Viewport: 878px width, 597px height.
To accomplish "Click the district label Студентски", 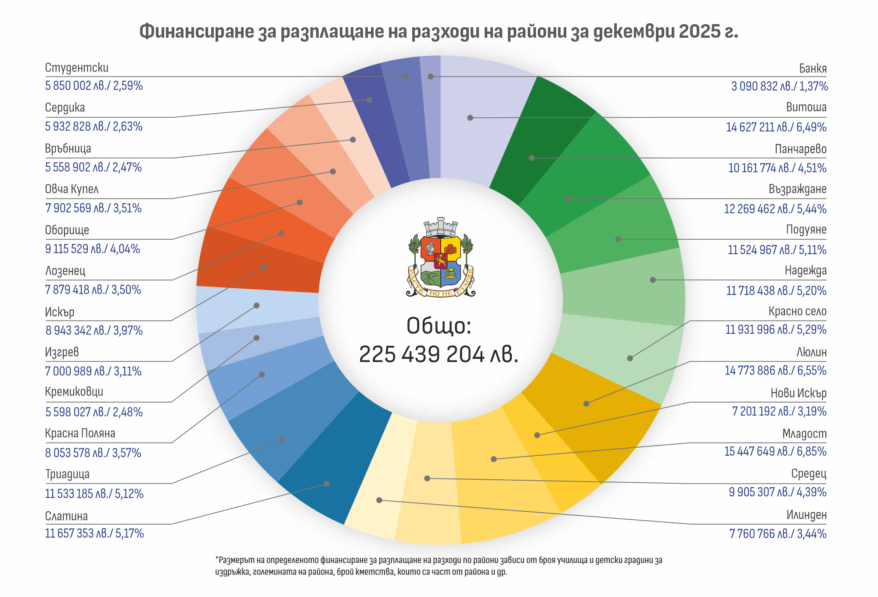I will point(77,68).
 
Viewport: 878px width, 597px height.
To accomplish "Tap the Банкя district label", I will point(813,68).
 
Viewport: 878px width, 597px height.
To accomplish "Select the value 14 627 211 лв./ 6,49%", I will point(776,127).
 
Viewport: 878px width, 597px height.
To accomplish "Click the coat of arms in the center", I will point(440,258).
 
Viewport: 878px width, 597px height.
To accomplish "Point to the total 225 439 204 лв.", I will point(439,354).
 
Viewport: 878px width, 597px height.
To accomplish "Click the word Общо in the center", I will point(439,326).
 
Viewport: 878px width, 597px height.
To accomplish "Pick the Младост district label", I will point(804,434).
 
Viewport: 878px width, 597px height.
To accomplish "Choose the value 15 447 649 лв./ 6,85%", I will point(775,451).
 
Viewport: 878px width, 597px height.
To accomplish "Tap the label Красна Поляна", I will point(80,433).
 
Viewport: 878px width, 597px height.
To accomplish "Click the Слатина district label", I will point(66,516).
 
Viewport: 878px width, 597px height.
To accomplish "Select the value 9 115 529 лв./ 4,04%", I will point(93,249).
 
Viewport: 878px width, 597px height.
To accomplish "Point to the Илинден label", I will point(806,515).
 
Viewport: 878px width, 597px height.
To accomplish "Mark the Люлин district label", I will point(811,352).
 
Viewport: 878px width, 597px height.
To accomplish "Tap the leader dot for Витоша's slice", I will point(470,118).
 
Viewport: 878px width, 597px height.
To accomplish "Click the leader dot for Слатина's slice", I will point(326,484).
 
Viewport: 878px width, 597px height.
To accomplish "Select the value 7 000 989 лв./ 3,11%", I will point(94,371).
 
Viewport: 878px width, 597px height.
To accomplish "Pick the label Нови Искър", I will point(799,393).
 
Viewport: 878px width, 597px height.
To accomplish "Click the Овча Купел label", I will point(72,189).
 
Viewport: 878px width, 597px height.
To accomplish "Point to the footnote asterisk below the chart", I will point(217,559).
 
